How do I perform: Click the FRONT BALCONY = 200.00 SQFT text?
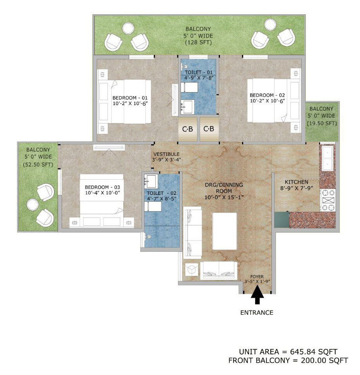[x=288, y=360]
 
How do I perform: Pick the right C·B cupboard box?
[x=209, y=129]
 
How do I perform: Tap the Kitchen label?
[x=296, y=182]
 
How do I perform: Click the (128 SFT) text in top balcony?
[x=199, y=42]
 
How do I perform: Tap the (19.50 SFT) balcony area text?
[x=322, y=123]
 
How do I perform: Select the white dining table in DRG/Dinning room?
[x=224, y=231]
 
